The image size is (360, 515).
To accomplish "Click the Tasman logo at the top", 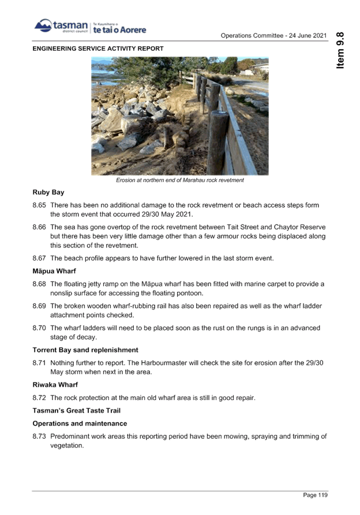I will point(89,27).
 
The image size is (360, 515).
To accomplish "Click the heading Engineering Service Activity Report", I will point(97,48).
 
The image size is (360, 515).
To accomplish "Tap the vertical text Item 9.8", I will point(340,50).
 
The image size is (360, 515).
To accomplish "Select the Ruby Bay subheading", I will point(48,192).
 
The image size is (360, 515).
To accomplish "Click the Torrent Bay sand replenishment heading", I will point(85,350).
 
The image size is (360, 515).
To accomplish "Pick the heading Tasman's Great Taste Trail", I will point(76,410).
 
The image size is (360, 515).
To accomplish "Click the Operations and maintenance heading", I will point(79,423).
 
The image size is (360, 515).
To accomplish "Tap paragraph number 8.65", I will point(39,206).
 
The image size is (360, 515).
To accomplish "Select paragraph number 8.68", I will point(39,283).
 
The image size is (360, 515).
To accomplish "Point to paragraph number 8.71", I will point(39,363).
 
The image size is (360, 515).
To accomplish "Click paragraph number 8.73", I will point(39,436).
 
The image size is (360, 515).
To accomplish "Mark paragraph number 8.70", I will point(39,328).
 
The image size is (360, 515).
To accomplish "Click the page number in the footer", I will point(315,495).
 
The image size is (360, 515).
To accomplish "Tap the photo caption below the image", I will point(179,181).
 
